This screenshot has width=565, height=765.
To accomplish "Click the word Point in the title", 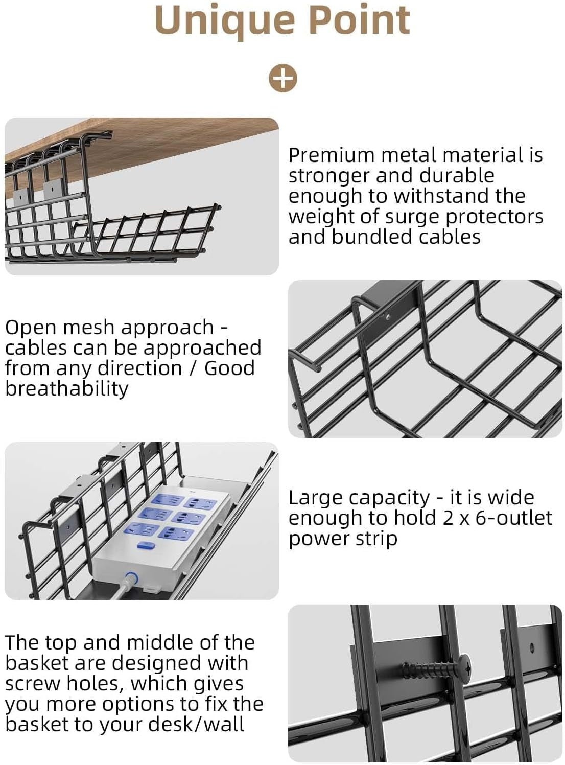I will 360,20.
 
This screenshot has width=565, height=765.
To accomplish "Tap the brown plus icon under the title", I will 282,78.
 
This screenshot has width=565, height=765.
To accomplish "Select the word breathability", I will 66,389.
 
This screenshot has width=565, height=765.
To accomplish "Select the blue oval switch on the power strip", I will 146,545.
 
